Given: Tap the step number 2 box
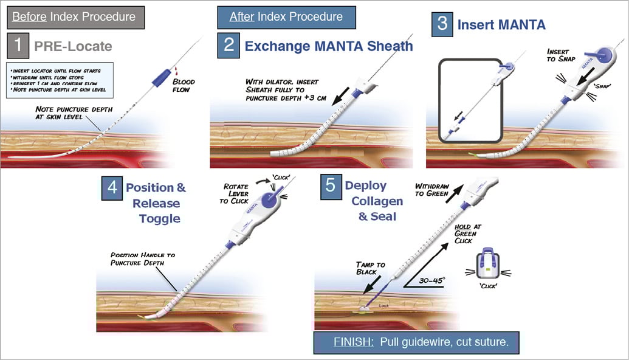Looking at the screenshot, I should coord(229,46).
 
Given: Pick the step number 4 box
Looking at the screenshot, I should coord(112,187).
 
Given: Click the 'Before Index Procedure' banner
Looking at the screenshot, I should coord(75,16).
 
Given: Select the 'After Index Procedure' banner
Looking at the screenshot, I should coord(286,17).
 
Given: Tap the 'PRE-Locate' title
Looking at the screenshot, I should coord(73,46).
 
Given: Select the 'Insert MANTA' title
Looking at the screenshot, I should coord(501,25).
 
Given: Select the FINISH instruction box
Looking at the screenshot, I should coord(419,342).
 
